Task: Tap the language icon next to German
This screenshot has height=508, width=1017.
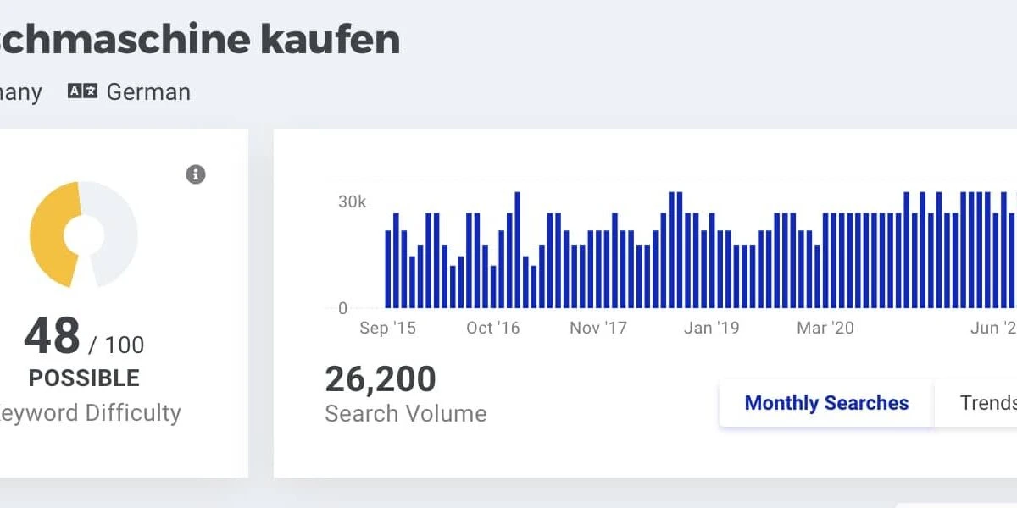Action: (82, 91)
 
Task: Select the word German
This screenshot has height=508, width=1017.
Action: (148, 91)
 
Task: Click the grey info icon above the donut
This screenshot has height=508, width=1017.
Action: (196, 174)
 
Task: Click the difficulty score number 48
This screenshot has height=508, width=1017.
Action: (52, 337)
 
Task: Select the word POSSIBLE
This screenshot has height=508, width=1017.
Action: (84, 378)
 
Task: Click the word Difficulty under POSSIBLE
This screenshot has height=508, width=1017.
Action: (126, 413)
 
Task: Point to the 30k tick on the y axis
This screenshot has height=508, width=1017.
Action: (352, 202)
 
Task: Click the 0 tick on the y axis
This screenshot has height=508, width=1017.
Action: (342, 308)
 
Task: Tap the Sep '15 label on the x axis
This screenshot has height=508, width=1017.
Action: (387, 329)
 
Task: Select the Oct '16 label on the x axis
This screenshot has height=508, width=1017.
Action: (492, 329)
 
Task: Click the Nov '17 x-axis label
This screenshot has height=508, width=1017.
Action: (597, 329)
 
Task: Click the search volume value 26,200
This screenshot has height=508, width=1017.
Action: (381, 379)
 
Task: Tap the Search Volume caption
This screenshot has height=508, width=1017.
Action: (406, 414)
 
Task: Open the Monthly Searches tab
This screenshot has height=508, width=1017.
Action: (826, 403)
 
